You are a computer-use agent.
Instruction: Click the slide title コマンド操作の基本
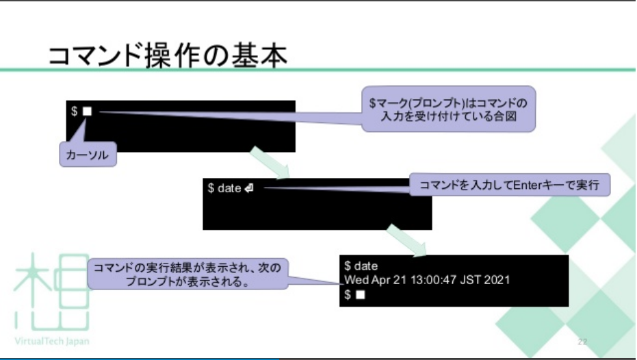point(167,55)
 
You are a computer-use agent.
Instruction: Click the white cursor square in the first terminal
point(87,111)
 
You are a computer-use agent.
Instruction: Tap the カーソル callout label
point(88,155)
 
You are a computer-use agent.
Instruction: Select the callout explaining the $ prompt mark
point(448,110)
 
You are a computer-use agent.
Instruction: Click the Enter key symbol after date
point(248,188)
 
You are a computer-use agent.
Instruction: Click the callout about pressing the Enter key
point(510,184)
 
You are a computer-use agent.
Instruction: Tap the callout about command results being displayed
point(188,273)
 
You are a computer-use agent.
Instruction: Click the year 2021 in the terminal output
point(497,280)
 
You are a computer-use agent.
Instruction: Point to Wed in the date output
point(356,280)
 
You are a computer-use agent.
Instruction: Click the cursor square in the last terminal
point(361,295)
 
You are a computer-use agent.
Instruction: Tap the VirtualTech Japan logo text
point(51,341)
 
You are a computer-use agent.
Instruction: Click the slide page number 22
point(583,341)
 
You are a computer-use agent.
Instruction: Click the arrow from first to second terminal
point(270,162)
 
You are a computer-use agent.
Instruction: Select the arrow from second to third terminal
point(406,240)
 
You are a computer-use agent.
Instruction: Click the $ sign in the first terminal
point(75,111)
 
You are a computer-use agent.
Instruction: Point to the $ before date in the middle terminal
point(211,188)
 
